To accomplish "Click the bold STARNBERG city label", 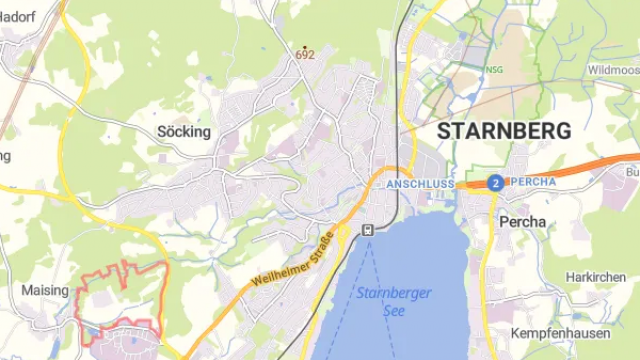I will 505,131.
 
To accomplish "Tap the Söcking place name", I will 184,131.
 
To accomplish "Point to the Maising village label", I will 45,290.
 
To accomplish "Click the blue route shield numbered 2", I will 495,183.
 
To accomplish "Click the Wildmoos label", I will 612,70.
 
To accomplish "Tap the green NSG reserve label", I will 494,70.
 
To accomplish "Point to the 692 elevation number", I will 305,55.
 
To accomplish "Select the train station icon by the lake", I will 368,229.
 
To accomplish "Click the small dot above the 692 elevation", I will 305,46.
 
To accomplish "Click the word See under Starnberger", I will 394,311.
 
